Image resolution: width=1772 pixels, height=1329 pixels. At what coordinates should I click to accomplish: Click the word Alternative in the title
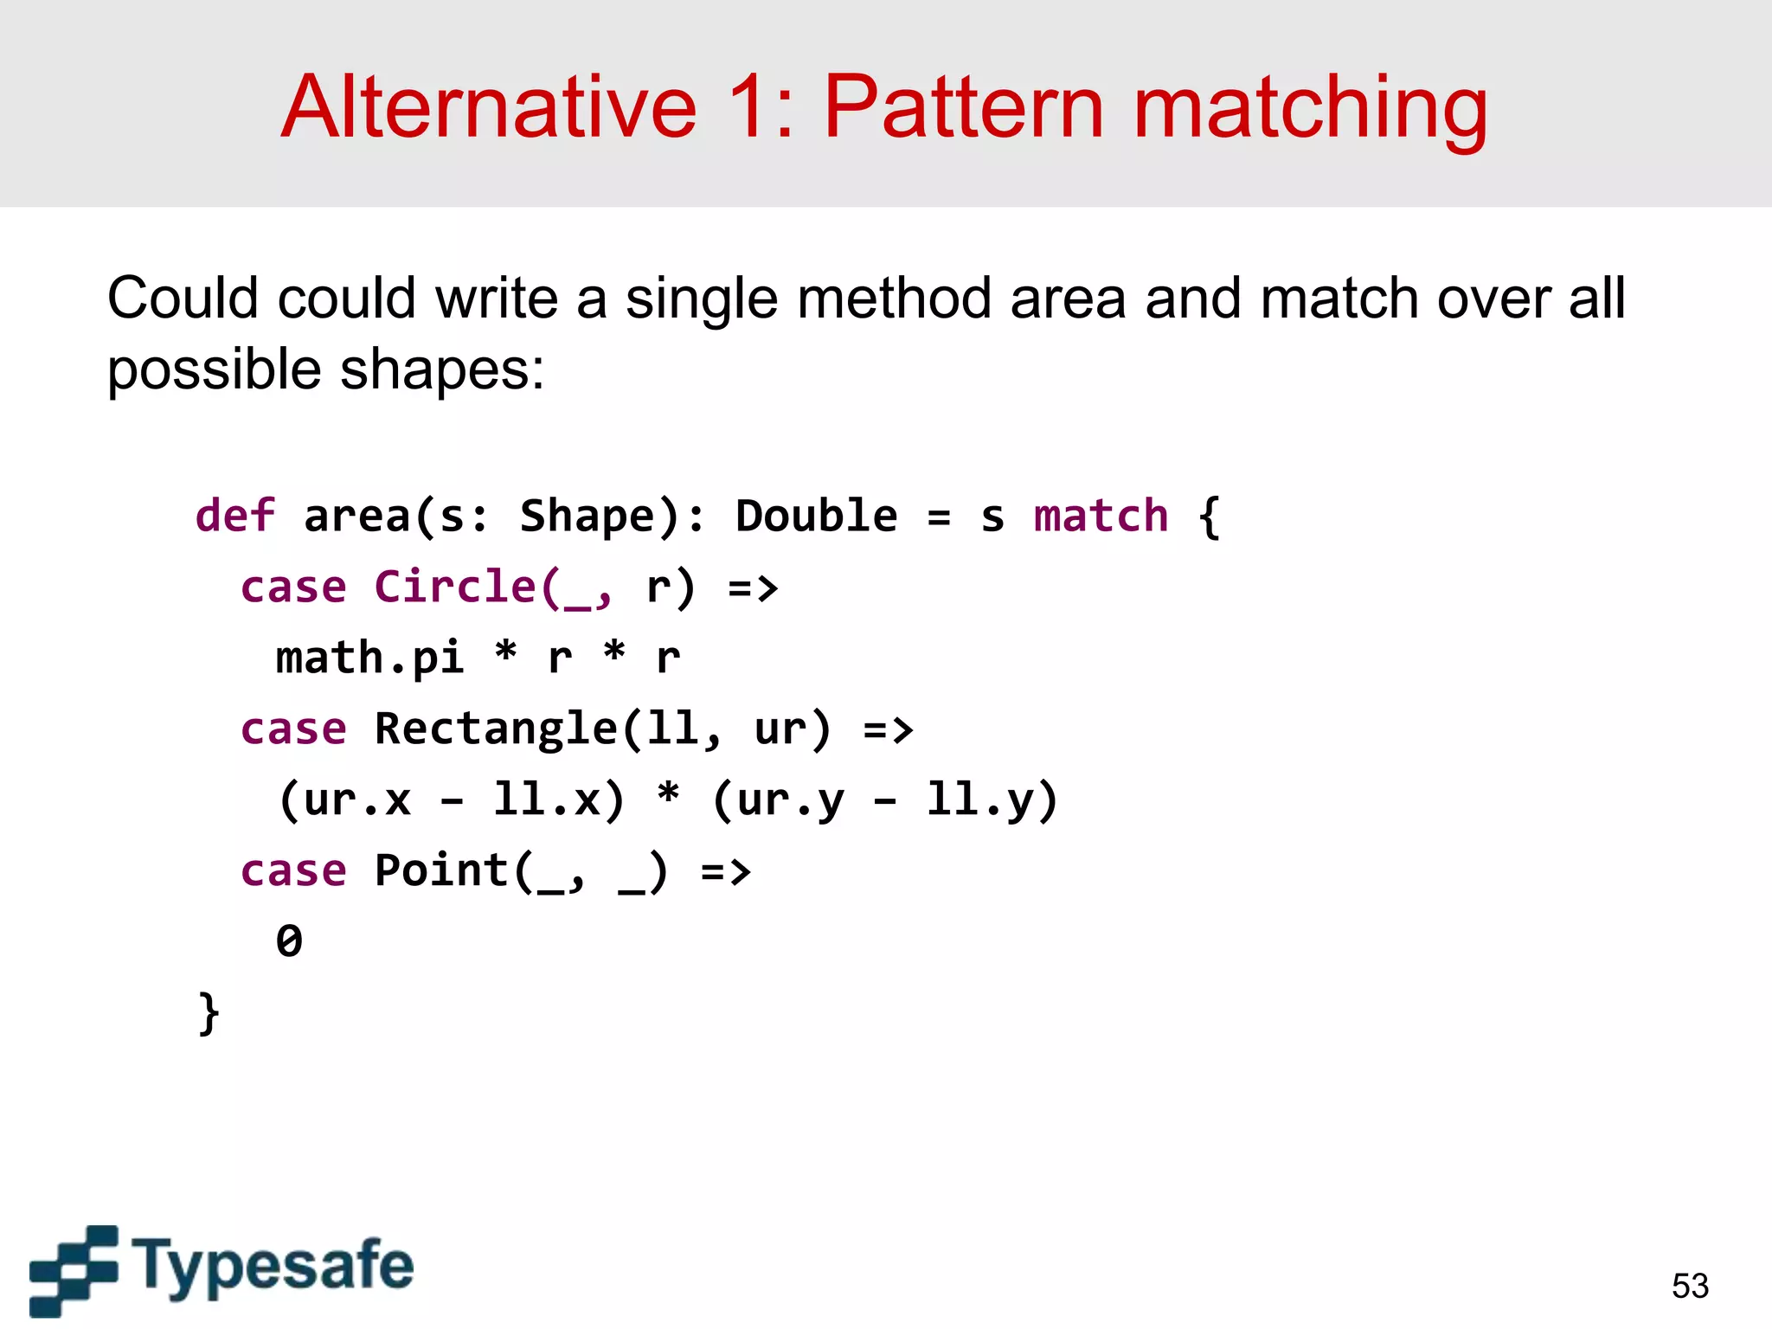coord(489,107)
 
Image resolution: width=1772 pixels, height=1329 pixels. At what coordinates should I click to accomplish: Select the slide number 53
coord(1690,1286)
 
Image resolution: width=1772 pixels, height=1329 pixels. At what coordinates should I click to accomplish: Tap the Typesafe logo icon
coord(74,1270)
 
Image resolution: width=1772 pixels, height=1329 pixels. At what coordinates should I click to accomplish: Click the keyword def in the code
coord(234,517)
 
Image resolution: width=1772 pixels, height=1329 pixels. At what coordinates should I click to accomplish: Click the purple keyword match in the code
coord(1101,517)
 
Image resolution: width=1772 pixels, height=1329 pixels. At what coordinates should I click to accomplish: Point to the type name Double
coord(816,517)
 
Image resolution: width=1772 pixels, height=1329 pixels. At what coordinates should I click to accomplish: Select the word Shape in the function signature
coord(587,517)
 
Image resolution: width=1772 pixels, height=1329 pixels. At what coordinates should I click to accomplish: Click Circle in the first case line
coord(456,587)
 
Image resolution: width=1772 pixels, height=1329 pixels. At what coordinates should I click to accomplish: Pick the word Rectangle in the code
coord(495,729)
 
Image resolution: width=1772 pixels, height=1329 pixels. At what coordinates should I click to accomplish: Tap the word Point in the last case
coord(440,870)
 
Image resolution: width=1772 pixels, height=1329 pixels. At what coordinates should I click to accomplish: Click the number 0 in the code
coord(289,941)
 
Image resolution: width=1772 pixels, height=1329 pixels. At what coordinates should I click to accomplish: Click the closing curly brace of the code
coord(209,1012)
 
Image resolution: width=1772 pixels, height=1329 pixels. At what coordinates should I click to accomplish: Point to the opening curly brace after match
coord(1209,517)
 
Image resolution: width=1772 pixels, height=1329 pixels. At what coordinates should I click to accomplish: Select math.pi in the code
coord(369,658)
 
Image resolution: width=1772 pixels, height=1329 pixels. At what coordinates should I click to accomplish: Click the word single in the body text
coord(701,299)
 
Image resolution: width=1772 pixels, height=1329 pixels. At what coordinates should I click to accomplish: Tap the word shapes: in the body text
coord(441,370)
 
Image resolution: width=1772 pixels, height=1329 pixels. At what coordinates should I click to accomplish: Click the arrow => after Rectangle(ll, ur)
coord(889,729)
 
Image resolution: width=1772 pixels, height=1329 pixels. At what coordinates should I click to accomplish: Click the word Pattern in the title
coord(963,107)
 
